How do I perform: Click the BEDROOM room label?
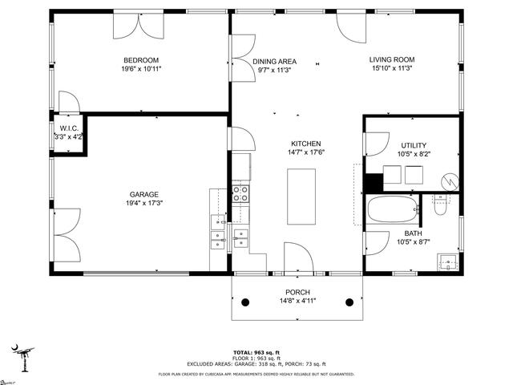click(x=140, y=60)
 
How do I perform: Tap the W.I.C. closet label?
click(x=67, y=128)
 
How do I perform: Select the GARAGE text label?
click(x=144, y=194)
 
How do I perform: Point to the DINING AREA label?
click(x=275, y=61)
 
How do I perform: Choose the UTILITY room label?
click(x=414, y=144)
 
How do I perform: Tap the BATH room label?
click(x=414, y=233)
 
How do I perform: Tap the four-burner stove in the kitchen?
click(x=240, y=193)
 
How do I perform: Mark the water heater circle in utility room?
click(x=450, y=181)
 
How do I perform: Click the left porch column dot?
click(x=246, y=302)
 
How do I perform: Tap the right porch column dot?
click(x=349, y=302)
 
